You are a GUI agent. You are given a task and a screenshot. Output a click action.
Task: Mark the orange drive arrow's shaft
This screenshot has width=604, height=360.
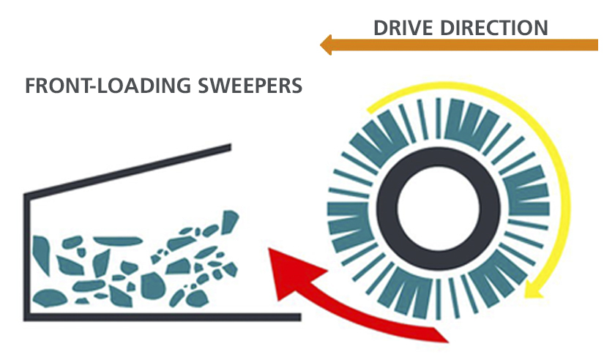coord(469,45)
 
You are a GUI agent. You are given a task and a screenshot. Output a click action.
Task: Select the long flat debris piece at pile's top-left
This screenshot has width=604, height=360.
coord(116,241)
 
